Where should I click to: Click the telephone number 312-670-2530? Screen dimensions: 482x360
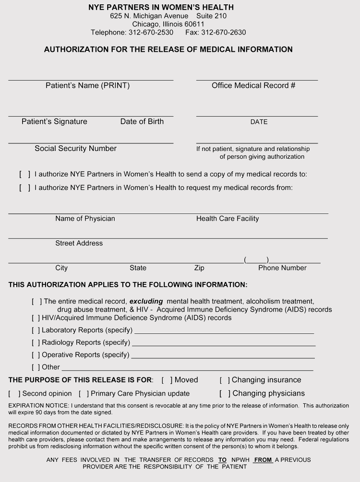[151, 33]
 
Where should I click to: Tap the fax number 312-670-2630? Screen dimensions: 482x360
[223, 33]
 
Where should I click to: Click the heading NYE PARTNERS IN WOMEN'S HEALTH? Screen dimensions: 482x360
[161, 7]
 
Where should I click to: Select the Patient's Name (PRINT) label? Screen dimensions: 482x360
[87, 86]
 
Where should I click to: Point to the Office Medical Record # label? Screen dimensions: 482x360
[253, 86]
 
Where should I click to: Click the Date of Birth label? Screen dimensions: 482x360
[142, 122]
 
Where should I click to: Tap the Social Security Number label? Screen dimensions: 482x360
[75, 149]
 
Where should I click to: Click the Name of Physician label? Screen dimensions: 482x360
[85, 219]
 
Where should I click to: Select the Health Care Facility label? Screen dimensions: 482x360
[228, 219]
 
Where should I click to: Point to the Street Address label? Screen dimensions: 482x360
[79, 243]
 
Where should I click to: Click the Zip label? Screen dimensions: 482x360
[199, 268]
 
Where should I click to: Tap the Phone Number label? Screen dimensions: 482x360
[282, 268]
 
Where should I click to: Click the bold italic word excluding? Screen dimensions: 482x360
[146, 302]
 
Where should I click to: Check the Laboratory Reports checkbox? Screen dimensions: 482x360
[36, 330]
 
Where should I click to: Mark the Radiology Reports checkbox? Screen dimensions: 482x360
[36, 343]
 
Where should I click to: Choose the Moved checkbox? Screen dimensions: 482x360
[167, 380]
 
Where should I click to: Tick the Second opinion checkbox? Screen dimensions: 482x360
[14, 394]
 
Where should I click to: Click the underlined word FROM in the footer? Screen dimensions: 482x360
[263, 460]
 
